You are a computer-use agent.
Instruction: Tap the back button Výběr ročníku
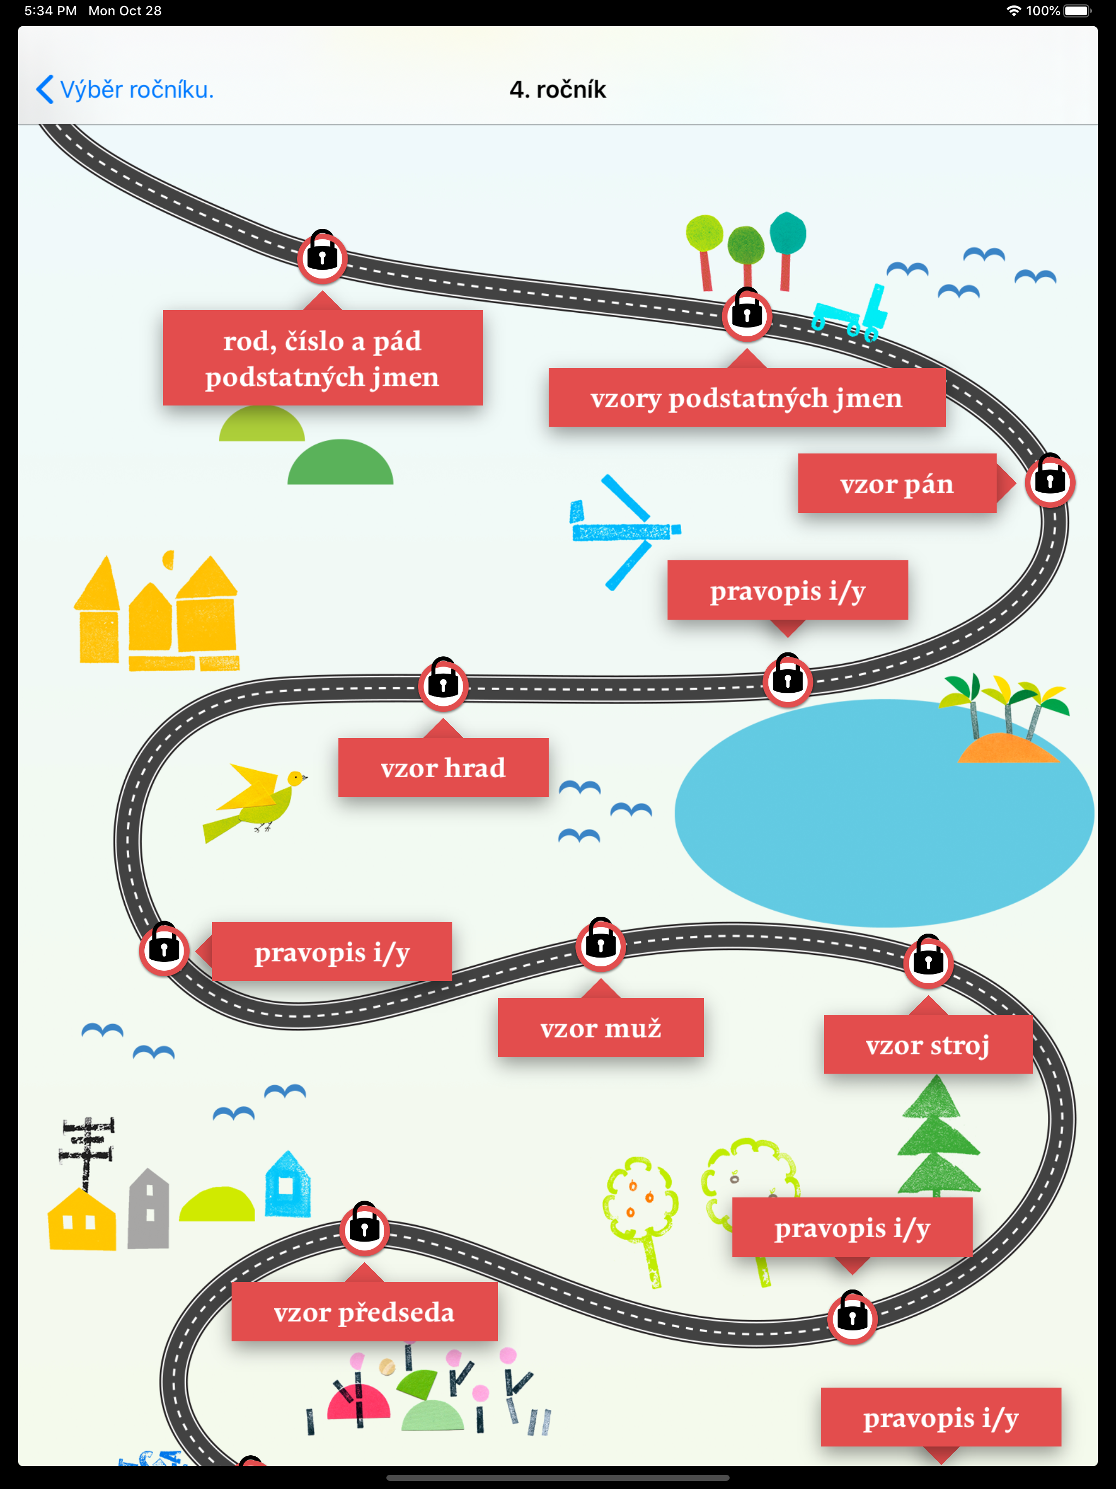(125, 89)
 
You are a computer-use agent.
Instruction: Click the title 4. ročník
(557, 89)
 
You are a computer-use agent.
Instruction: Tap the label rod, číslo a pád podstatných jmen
(323, 358)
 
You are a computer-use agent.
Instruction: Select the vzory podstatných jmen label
(747, 397)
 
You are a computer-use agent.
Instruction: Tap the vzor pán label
(896, 483)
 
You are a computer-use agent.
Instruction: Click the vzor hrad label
(443, 767)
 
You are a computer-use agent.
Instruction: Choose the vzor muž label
(601, 1027)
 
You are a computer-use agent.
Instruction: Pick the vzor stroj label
(927, 1044)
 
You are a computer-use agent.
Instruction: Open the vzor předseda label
(364, 1311)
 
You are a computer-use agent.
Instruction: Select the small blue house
(287, 1184)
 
